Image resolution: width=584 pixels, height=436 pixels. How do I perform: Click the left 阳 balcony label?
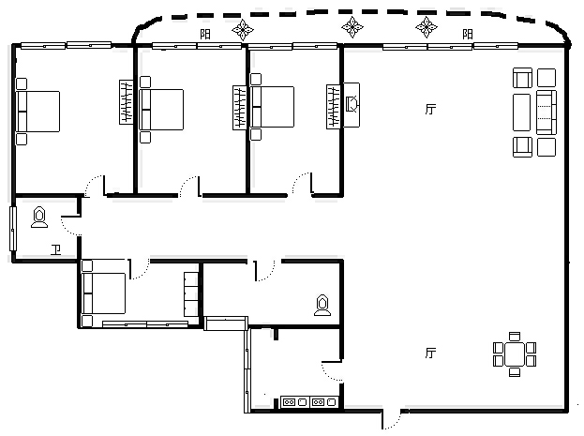(x=205, y=35)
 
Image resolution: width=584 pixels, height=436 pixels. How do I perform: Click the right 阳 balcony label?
(x=468, y=35)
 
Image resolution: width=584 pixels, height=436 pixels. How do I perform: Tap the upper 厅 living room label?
(x=430, y=109)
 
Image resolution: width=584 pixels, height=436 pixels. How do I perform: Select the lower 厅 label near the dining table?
(x=430, y=353)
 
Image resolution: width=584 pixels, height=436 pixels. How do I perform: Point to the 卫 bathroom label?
(x=56, y=249)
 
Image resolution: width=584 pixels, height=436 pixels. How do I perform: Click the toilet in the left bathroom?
(x=39, y=217)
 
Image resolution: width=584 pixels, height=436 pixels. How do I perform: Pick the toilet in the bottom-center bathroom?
(x=322, y=306)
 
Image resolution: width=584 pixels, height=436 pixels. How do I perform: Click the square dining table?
(x=515, y=354)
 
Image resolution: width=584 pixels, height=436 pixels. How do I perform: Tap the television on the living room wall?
(x=352, y=105)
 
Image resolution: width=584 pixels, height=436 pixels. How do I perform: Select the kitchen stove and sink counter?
(x=309, y=402)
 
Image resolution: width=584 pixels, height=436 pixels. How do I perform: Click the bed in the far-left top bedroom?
(x=37, y=112)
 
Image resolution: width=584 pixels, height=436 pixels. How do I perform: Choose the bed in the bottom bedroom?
(x=103, y=293)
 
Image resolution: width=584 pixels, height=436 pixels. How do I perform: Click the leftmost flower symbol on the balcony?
(x=243, y=29)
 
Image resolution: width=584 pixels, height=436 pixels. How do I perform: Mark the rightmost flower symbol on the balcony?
(x=427, y=27)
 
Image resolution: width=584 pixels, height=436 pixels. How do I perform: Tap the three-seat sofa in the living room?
(x=547, y=113)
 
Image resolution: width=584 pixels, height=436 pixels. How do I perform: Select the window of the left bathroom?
(x=13, y=229)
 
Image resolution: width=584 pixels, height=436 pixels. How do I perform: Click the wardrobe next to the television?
(x=334, y=107)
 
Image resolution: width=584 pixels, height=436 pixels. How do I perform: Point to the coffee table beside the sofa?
(x=521, y=113)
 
